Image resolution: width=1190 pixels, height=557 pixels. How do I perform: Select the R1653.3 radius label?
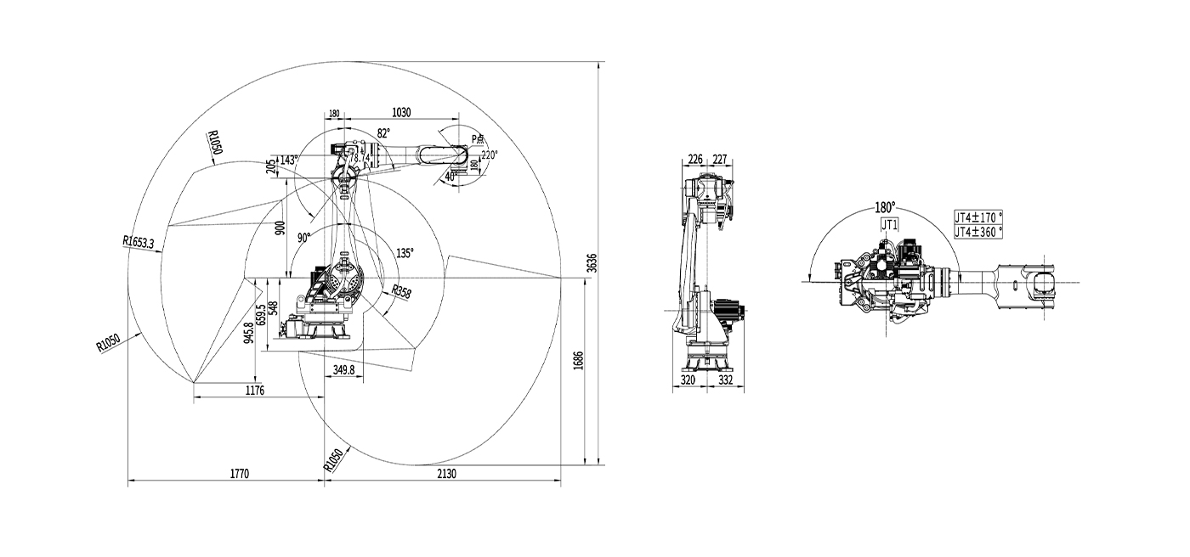point(138,243)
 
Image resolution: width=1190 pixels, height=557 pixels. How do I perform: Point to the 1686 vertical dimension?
point(579,360)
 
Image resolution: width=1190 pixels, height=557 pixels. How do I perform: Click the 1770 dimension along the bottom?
point(239,475)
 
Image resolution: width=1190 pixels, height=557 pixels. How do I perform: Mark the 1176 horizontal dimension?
point(255,391)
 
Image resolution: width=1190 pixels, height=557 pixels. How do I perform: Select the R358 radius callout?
point(401,293)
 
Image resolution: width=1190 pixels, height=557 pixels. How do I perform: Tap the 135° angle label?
point(405,253)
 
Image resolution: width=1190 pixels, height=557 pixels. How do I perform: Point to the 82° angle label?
point(384,133)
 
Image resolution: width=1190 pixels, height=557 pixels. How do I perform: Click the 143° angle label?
point(289,160)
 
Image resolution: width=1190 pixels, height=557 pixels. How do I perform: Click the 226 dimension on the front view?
point(694,158)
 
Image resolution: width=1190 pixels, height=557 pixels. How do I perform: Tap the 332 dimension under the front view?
point(725,381)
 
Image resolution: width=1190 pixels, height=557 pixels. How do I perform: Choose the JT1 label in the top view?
point(890,225)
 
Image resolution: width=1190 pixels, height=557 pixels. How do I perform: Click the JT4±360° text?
point(978,231)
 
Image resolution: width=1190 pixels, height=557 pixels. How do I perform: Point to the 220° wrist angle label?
point(489,155)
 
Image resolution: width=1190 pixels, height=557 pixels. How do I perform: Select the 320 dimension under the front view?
point(688,381)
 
